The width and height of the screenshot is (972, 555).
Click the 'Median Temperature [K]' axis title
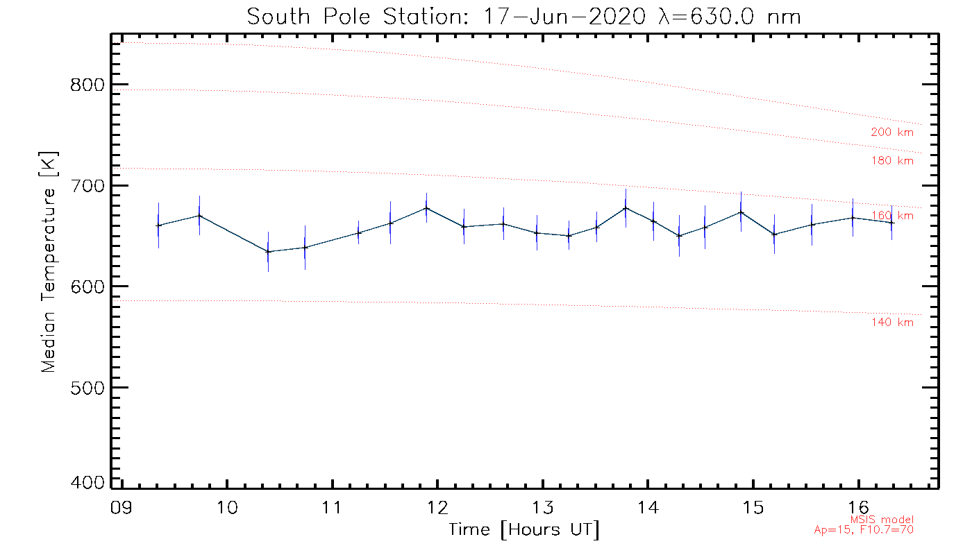coord(49,262)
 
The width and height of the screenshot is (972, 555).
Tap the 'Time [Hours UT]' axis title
coord(524,530)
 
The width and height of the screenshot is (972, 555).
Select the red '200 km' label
coord(892,133)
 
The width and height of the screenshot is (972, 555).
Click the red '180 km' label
coord(892,161)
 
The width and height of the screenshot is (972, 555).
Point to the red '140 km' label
coord(892,323)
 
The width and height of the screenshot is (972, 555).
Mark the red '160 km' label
coord(893,216)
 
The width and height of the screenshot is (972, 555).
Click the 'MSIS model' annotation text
coord(882,520)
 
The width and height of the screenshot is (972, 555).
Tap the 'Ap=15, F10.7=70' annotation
coord(864,530)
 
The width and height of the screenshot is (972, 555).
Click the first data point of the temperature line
coord(158,225)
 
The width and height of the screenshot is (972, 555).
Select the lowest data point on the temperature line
coord(268,252)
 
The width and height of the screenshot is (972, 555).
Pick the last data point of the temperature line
coord(892,223)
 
